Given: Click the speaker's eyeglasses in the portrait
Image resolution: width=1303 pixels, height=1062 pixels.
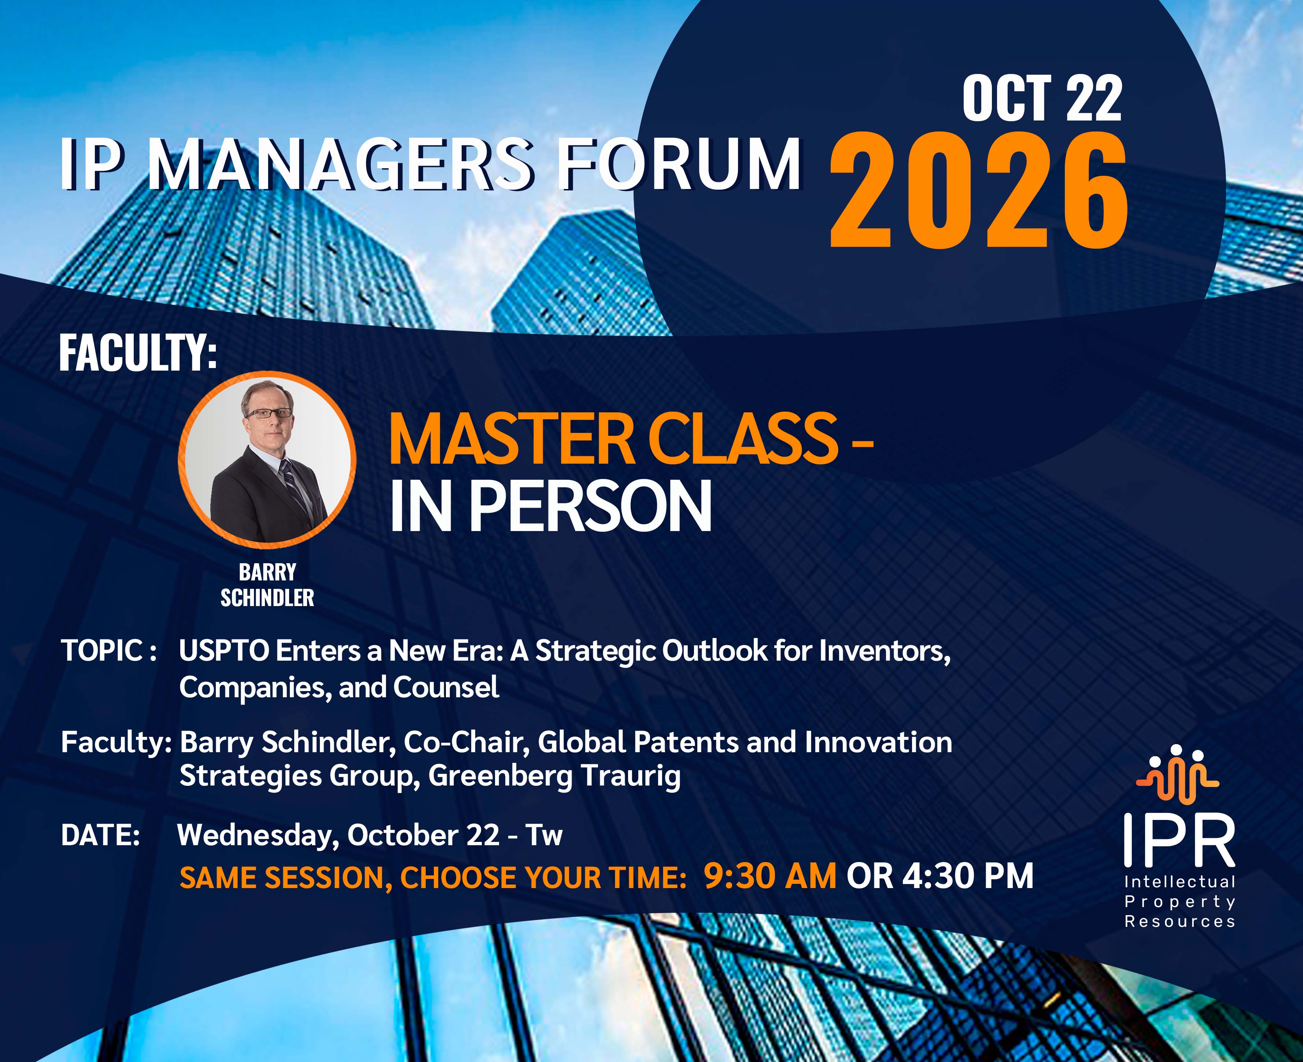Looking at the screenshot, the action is tap(268, 413).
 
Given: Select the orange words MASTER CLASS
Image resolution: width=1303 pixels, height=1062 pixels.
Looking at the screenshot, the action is tap(613, 439).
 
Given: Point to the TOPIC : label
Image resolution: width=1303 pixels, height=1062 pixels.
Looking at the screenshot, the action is tap(109, 650).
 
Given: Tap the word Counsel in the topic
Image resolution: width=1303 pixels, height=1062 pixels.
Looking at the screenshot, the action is tap(446, 687).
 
